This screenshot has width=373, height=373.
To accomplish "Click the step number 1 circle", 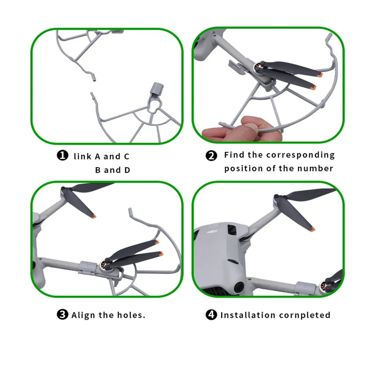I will (x=62, y=156).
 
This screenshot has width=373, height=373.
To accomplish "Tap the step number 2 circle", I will (x=211, y=156).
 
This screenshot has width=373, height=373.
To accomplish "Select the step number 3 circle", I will (x=62, y=315).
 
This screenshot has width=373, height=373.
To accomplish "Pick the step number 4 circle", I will (x=211, y=315).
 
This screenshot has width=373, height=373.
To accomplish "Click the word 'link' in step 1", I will (x=82, y=156).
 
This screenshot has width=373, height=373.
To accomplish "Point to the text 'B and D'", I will (x=113, y=170).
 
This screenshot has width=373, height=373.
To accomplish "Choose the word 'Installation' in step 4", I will (x=246, y=315).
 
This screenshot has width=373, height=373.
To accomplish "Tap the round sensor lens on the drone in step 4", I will (x=238, y=286).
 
